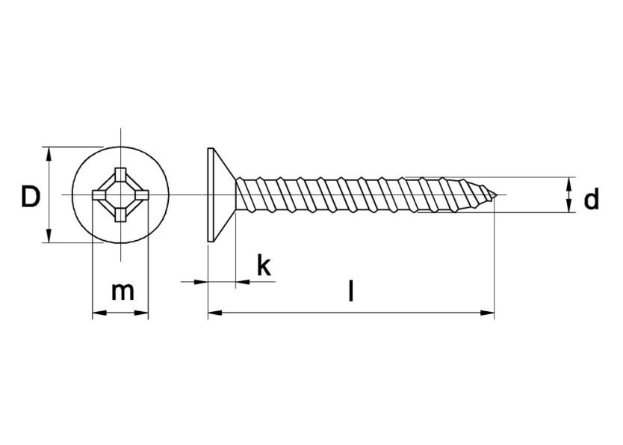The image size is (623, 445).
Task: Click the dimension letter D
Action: [x=30, y=197]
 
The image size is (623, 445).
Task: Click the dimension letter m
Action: [x=123, y=291]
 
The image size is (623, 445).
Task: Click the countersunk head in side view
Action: [x=217, y=194]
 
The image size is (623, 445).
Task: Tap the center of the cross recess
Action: [x=120, y=196]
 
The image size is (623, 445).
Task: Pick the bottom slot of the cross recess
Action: [x=120, y=216]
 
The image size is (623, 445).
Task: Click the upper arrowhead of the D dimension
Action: [x=49, y=153]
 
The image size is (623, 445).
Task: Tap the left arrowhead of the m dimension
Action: [x=97, y=314]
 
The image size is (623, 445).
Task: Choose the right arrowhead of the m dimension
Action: [x=143, y=314]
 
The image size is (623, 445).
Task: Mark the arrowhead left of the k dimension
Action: [x=201, y=282]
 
